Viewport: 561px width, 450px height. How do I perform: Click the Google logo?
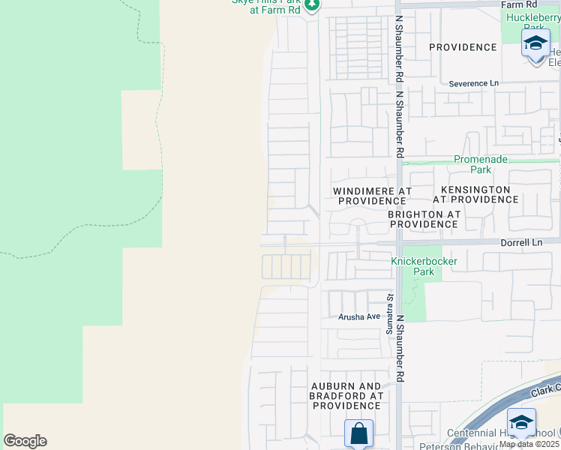pyautogui.click(x=25, y=441)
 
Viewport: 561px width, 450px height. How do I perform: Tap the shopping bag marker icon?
pyautogui.click(x=358, y=433)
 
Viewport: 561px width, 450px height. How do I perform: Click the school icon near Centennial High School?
pyautogui.click(x=521, y=421)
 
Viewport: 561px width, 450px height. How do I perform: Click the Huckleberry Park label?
pyautogui.click(x=533, y=22)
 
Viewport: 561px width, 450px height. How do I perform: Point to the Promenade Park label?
pyautogui.click(x=481, y=164)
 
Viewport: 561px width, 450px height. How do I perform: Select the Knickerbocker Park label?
pyautogui.click(x=423, y=266)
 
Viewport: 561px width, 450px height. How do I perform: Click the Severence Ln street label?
pyautogui.click(x=473, y=83)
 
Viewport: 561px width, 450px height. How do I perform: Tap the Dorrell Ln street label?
pyautogui.click(x=521, y=242)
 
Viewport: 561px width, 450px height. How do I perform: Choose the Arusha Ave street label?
pyautogui.click(x=358, y=316)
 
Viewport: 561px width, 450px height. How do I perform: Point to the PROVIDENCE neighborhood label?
pyautogui.click(x=463, y=47)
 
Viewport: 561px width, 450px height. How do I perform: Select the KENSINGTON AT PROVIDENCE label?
pyautogui.click(x=475, y=195)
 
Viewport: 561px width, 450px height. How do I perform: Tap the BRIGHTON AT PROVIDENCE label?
pyautogui.click(x=424, y=219)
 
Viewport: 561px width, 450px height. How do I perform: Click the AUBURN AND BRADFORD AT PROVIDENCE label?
pyautogui.click(x=347, y=395)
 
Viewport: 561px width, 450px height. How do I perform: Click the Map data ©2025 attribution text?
pyautogui.click(x=529, y=444)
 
